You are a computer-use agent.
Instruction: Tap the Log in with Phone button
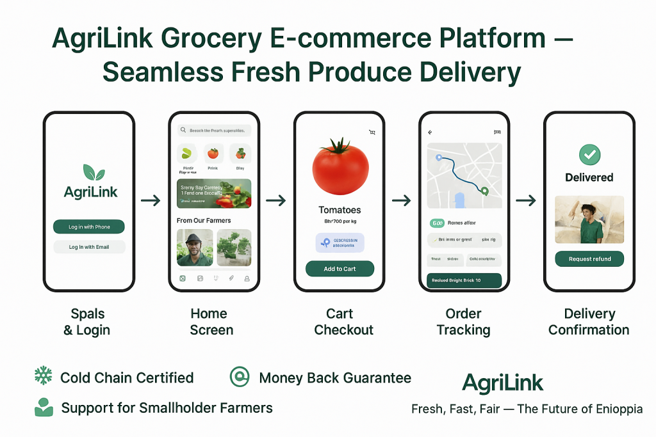(x=89, y=226)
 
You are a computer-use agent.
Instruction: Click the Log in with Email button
(x=89, y=246)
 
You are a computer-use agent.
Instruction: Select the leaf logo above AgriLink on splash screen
(x=94, y=171)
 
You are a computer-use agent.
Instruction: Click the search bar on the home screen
(x=214, y=130)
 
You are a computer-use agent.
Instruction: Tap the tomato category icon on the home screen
(x=213, y=154)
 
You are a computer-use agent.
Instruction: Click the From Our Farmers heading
(x=204, y=220)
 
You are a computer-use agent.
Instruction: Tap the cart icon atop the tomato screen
(x=371, y=132)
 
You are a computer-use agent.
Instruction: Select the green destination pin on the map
(x=485, y=191)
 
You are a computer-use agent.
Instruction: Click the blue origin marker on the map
(x=438, y=157)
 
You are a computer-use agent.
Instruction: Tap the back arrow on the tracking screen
(x=430, y=132)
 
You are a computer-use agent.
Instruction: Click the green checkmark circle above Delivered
(x=589, y=154)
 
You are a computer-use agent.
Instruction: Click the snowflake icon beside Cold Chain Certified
(x=42, y=376)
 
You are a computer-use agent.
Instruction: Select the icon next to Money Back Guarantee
(x=240, y=377)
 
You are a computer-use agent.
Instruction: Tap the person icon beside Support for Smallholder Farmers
(x=44, y=407)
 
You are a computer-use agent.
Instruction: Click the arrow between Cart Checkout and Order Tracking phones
(x=401, y=201)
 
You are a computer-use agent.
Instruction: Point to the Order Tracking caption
(x=463, y=322)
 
